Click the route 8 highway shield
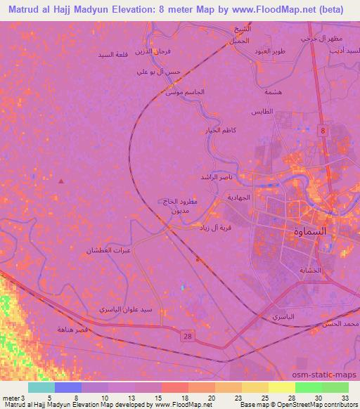point(322,131)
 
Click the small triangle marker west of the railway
point(61,181)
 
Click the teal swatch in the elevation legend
point(41,387)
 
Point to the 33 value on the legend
point(345,398)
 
